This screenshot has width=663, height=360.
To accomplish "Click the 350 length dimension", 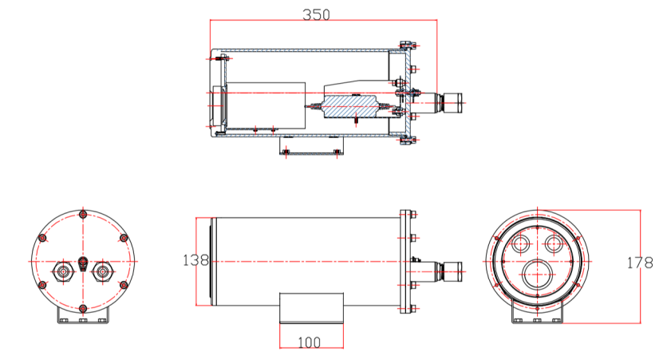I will coord(316,15).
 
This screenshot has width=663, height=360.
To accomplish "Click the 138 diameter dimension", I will coord(195,260).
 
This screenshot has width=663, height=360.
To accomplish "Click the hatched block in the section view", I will coord(350,106).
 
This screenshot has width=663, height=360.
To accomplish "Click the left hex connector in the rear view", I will coord(62,271).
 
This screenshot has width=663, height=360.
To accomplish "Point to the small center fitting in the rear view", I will coord(83,263).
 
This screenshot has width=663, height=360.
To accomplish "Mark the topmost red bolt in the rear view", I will coord(83,216).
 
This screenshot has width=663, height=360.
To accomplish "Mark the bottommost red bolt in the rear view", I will coord(83,308).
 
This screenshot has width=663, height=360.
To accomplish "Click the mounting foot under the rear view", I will coord(83,318).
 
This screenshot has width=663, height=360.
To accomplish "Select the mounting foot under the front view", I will coord(537,318).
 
